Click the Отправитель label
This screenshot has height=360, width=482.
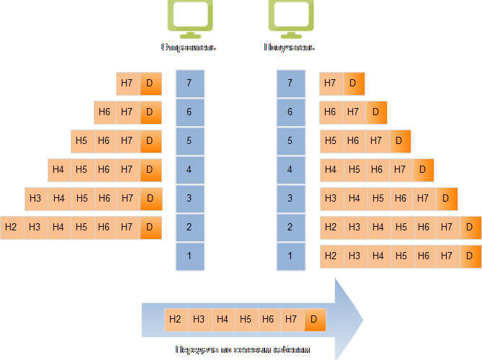[189, 48]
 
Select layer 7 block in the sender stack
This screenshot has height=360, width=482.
[189, 83]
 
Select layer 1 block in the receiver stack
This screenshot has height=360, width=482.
[290, 256]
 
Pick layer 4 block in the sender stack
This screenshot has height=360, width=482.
[189, 170]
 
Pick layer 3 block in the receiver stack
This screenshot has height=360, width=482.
[290, 199]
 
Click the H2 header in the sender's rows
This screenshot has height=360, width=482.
[11, 228]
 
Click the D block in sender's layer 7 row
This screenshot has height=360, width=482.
[150, 84]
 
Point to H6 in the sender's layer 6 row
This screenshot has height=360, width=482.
[104, 112]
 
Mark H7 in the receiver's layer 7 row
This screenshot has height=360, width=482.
[331, 84]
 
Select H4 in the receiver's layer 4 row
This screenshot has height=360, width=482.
[331, 170]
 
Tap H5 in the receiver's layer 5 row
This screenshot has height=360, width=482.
[331, 141]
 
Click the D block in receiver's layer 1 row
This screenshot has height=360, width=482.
[470, 256]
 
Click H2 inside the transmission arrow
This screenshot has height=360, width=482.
[175, 318]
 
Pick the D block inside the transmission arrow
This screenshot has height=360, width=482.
[314, 318]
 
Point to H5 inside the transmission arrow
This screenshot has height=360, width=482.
[245, 318]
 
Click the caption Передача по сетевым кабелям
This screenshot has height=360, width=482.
[241, 350]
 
